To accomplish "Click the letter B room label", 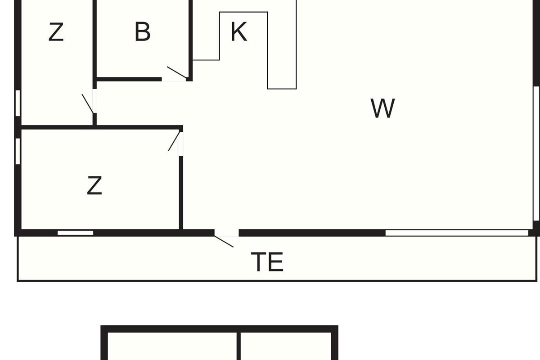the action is click(x=143, y=31).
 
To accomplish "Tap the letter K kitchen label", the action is click(x=238, y=31).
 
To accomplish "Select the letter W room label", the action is click(x=382, y=108).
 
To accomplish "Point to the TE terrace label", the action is click(x=267, y=261).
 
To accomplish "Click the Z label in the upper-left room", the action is click(x=56, y=31).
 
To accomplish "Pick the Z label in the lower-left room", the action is click(x=94, y=185).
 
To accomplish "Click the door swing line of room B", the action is click(x=177, y=72).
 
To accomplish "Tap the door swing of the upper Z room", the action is click(x=88, y=103).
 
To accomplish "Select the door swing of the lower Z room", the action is click(x=174, y=141).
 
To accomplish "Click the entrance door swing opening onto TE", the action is click(x=224, y=241).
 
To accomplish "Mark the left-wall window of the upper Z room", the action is click(x=18, y=103).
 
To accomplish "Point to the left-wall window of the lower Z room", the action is click(x=18, y=151).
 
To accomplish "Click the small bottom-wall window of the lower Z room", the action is click(x=76, y=233).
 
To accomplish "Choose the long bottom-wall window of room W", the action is click(x=457, y=233).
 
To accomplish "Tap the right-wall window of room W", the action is click(x=536, y=153).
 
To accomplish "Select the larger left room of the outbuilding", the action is click(x=172, y=346).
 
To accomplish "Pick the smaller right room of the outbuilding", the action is click(x=286, y=346).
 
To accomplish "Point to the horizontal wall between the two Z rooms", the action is click(x=100, y=127).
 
